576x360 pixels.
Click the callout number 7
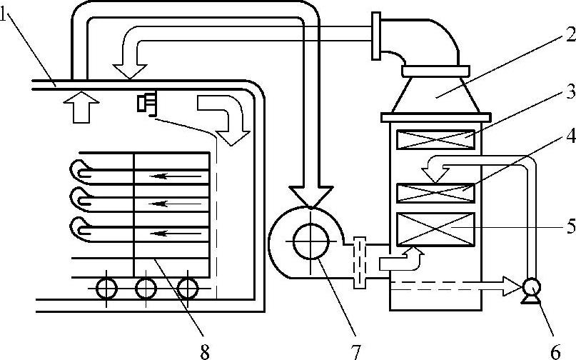pyautogui.click(x=354, y=350)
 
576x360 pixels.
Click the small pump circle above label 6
pyautogui.click(x=530, y=287)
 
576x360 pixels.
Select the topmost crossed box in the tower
pyautogui.click(x=435, y=139)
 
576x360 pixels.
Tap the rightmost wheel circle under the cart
pyautogui.click(x=187, y=289)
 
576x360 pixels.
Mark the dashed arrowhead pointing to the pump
pyautogui.click(x=511, y=287)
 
